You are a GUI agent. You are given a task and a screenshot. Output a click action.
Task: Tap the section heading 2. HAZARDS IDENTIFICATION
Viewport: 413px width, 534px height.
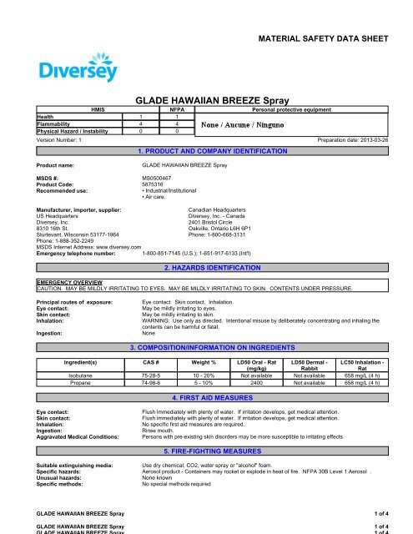pos(205,248)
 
